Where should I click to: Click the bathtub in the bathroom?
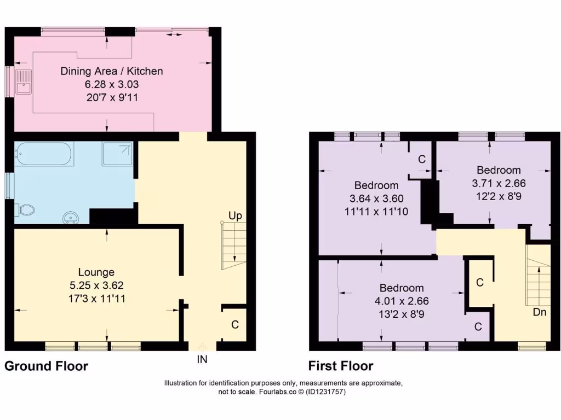tap(44, 154)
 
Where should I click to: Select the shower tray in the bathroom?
tap(117, 154)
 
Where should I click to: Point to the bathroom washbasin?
tap(71, 218)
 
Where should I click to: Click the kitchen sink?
tap(24, 82)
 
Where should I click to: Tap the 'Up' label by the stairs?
tap(235, 215)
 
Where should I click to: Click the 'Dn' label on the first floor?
tap(540, 312)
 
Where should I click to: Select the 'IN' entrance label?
tap(202, 359)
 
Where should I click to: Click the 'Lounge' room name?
tap(96, 272)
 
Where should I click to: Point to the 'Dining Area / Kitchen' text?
tap(112, 71)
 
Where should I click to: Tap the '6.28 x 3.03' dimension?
tap(112, 84)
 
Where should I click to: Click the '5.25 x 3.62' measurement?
tap(96, 285)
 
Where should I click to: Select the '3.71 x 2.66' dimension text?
tap(499, 183)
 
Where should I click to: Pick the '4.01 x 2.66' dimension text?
tap(402, 301)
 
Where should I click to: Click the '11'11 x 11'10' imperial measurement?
tap(376, 212)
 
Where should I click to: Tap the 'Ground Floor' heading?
tap(46, 366)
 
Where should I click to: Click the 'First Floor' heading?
tap(341, 366)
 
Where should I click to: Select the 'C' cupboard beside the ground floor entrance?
tap(234, 325)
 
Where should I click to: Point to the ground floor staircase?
tap(233, 246)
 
